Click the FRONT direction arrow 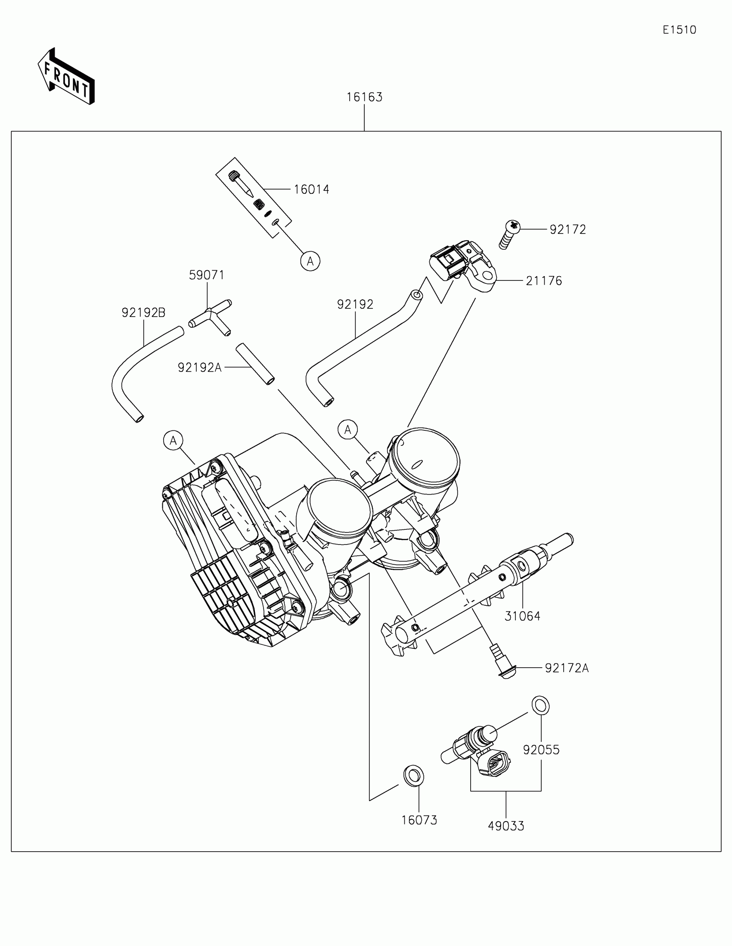66,77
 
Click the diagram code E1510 679,30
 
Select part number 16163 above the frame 364,97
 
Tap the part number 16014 311,189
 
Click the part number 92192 355,305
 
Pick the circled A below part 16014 310,261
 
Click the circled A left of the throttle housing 173,441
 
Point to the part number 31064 522,616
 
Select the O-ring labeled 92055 540,706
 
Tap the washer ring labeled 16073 413,775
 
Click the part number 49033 506,826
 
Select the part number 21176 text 544,281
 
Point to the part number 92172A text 566,668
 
